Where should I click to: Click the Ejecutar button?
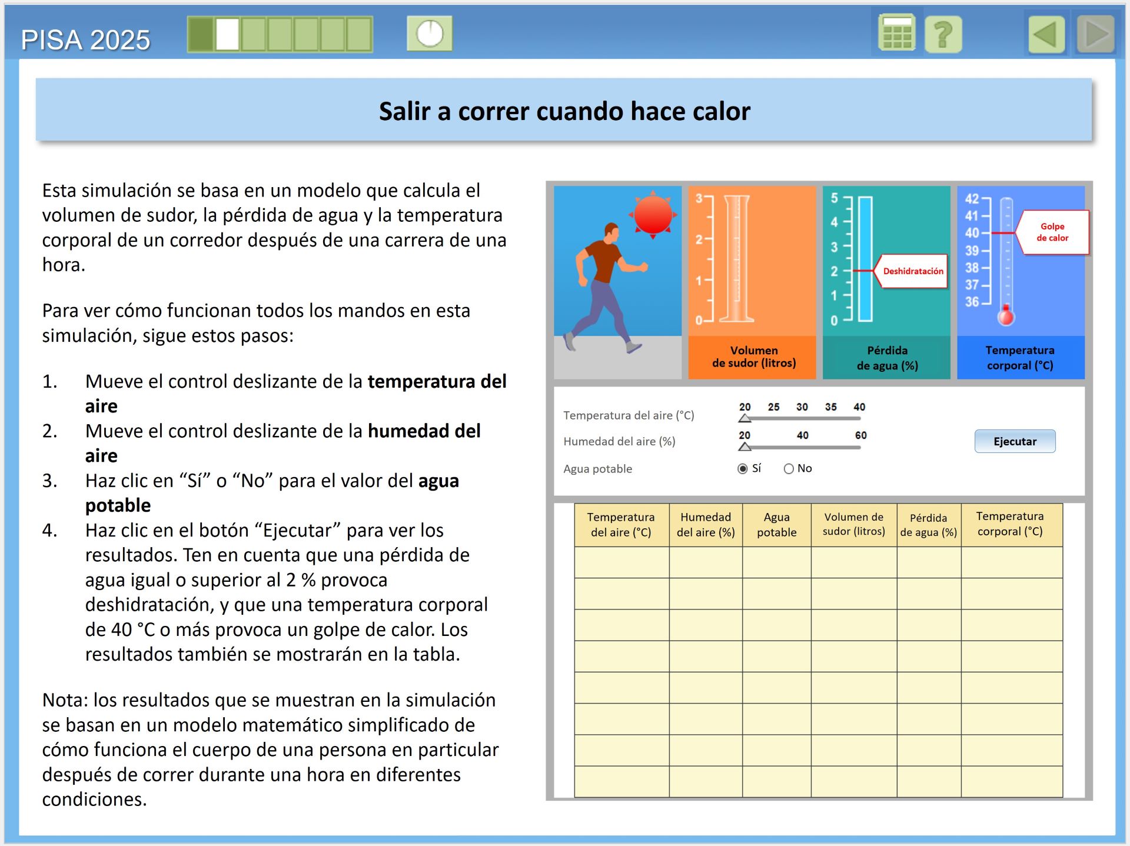(x=1015, y=441)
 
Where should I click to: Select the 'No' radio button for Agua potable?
(x=789, y=469)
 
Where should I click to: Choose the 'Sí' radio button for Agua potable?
(x=743, y=469)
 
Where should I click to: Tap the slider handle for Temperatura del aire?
(x=745, y=418)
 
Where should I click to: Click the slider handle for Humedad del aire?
(x=745, y=447)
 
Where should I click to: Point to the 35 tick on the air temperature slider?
(x=830, y=407)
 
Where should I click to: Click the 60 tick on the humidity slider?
(x=860, y=435)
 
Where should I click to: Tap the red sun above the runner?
(x=653, y=215)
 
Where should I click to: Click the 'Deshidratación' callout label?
(x=913, y=271)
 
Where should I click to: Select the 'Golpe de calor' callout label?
(x=1052, y=232)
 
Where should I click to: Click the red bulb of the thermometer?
(x=1006, y=317)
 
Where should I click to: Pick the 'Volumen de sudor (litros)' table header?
(x=853, y=524)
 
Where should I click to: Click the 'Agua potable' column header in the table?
(x=776, y=524)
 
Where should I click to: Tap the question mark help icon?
(x=943, y=34)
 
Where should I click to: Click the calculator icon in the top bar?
(x=896, y=34)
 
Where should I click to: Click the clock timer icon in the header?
(x=430, y=34)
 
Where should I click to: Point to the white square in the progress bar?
(x=227, y=34)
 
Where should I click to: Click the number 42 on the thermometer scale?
(x=972, y=199)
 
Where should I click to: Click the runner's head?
(x=612, y=231)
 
